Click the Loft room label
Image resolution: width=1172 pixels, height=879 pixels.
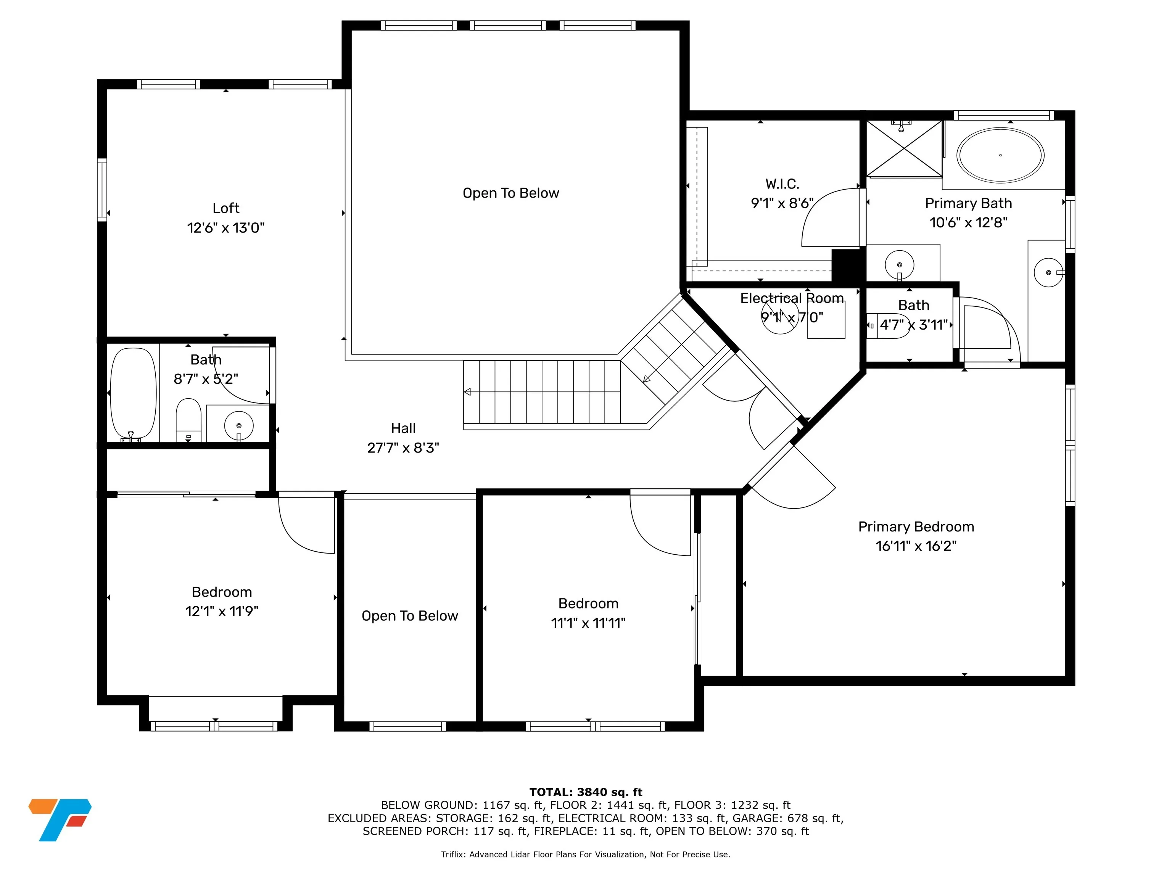coord(226,208)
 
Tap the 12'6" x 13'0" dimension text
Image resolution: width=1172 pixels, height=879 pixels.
coord(226,228)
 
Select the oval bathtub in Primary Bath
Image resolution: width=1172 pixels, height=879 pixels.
coord(1000,155)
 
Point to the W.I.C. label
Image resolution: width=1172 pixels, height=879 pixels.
coord(782,184)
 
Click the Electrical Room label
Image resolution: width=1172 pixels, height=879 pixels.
coord(792,298)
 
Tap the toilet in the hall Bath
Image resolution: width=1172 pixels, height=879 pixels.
coord(188,420)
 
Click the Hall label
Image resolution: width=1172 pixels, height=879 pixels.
coord(403,428)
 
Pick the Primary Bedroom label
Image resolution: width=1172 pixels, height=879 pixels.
coord(916,526)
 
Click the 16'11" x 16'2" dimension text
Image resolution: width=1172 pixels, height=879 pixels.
coord(916,546)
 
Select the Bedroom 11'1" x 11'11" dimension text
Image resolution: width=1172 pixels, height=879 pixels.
coord(588,623)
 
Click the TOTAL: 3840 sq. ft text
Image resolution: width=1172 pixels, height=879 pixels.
coord(586,792)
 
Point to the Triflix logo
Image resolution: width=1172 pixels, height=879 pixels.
coord(60,819)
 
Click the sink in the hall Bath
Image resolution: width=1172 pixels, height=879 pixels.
coord(239,425)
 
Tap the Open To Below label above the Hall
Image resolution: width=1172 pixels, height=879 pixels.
coord(511,193)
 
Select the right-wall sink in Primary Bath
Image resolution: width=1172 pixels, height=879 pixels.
coord(1048,272)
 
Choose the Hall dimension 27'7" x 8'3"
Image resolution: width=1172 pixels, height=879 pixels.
coord(403,448)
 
